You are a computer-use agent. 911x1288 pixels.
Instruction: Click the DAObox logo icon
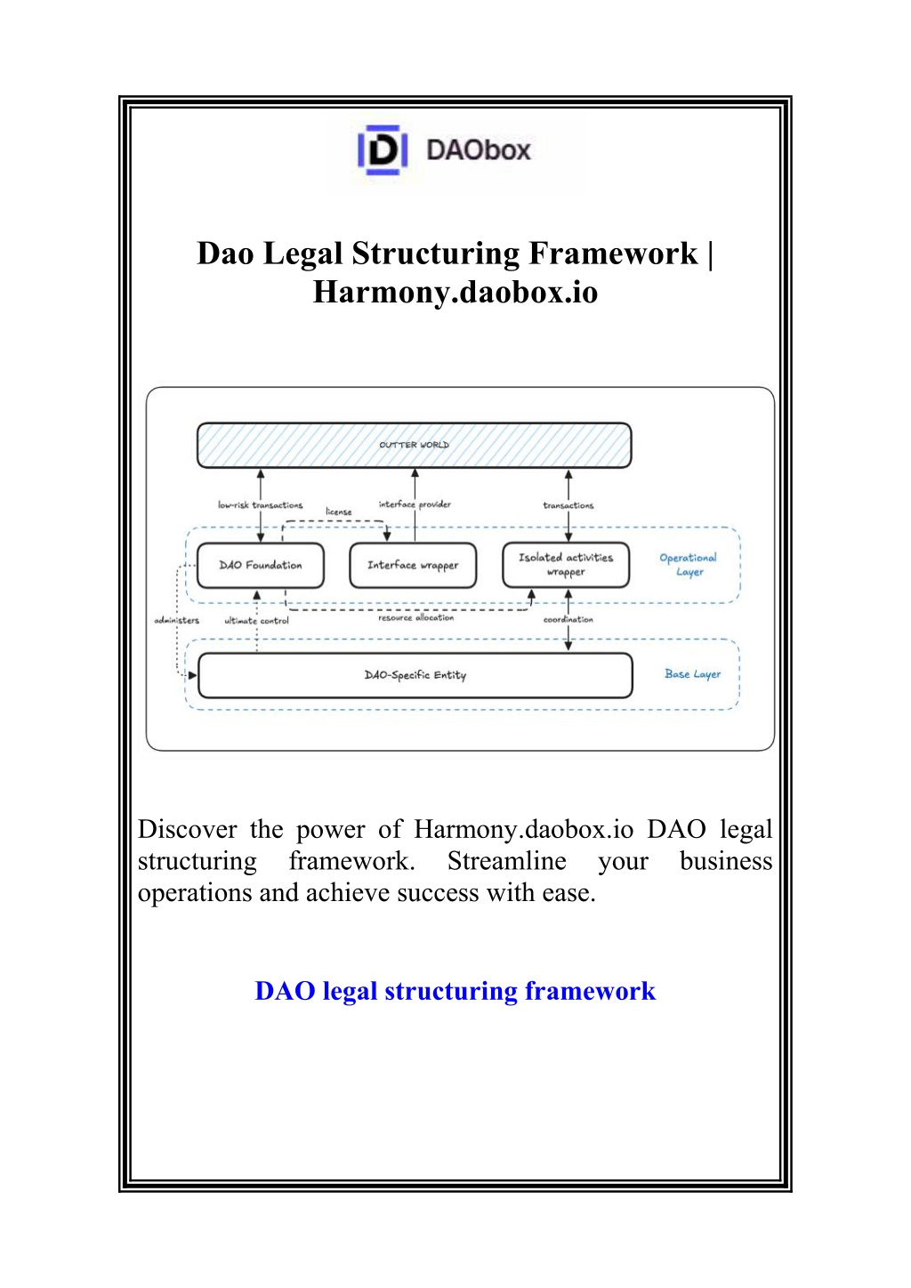(x=383, y=150)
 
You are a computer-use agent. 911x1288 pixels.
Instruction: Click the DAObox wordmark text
(x=479, y=150)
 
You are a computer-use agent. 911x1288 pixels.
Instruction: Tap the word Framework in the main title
(x=613, y=253)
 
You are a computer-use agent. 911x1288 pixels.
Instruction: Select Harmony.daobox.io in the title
(x=455, y=292)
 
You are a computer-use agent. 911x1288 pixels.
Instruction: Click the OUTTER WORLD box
(x=414, y=445)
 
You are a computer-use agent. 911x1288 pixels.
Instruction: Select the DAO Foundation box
(x=261, y=565)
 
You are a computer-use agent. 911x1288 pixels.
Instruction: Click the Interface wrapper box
(x=413, y=565)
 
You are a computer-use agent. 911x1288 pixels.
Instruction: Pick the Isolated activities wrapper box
(x=566, y=565)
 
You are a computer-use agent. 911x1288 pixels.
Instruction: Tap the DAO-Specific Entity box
(x=415, y=675)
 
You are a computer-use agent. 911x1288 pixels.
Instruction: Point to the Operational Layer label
(x=689, y=565)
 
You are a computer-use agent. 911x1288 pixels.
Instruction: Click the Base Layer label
(x=692, y=674)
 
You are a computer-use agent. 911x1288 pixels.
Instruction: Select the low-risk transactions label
(x=260, y=505)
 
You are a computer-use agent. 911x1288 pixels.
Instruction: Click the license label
(x=339, y=511)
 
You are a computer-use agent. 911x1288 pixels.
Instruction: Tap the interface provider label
(x=415, y=504)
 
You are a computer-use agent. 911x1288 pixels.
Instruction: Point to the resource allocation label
(x=415, y=617)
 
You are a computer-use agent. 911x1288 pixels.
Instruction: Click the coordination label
(x=568, y=619)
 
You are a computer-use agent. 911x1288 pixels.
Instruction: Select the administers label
(x=176, y=620)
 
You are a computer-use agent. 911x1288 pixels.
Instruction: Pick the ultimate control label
(x=256, y=620)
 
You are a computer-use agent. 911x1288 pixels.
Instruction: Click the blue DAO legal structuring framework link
(x=455, y=990)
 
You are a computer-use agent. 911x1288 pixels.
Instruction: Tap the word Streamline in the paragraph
(x=507, y=861)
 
